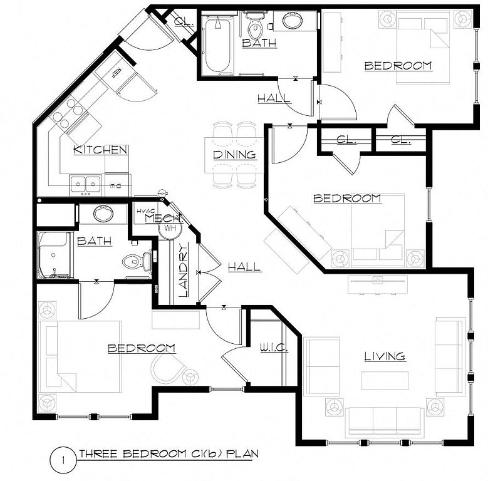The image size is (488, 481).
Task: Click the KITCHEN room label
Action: pyautogui.click(x=100, y=150)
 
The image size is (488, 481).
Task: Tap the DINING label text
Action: pyautogui.click(x=234, y=154)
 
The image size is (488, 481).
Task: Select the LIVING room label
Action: pyautogui.click(x=385, y=356)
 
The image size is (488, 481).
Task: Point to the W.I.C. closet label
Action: pyautogui.click(x=273, y=348)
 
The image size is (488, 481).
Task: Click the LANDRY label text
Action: pyautogui.click(x=183, y=270)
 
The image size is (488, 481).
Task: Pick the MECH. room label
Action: pyautogui.click(x=164, y=219)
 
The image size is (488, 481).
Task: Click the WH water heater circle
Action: pyautogui.click(x=169, y=229)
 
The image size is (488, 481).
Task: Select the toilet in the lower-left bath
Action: pyautogui.click(x=138, y=261)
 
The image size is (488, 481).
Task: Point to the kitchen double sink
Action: pyautogui.click(x=85, y=184)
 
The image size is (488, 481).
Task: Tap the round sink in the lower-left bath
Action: pyautogui.click(x=103, y=214)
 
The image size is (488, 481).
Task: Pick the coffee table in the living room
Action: pyautogui.click(x=385, y=380)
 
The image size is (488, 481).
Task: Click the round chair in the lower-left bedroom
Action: pyautogui.click(x=168, y=369)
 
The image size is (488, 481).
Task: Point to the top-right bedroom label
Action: pyautogui.click(x=398, y=65)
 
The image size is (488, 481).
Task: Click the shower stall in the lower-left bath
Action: pyautogui.click(x=55, y=255)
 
